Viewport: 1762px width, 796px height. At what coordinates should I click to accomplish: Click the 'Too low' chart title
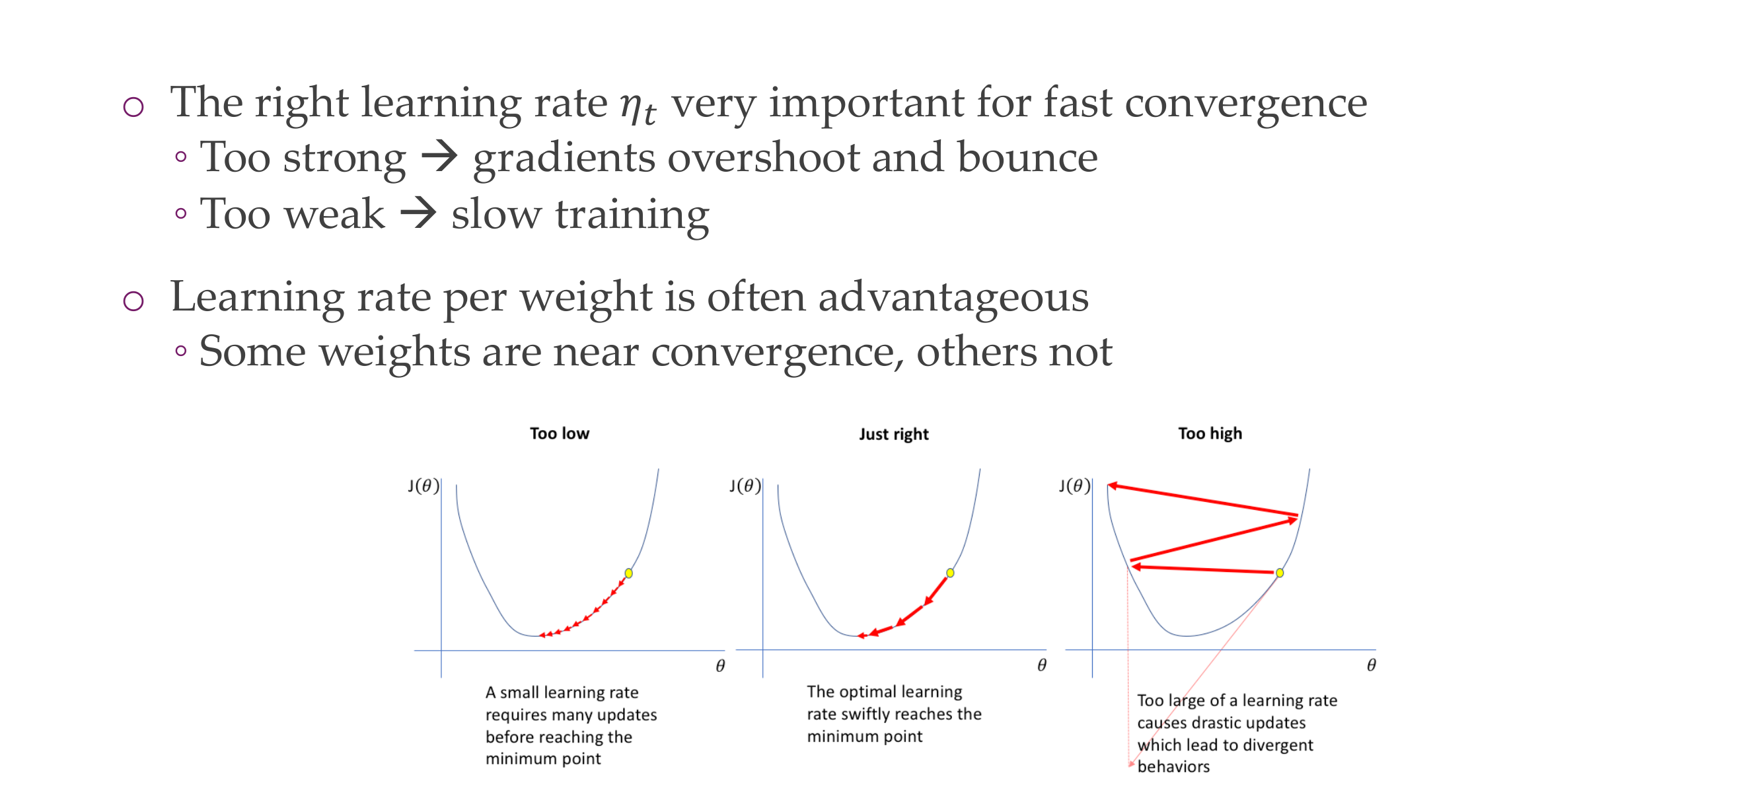click(x=559, y=433)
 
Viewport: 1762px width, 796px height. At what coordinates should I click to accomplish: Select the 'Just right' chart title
click(x=893, y=434)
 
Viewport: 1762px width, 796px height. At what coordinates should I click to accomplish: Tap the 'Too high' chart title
click(x=1209, y=433)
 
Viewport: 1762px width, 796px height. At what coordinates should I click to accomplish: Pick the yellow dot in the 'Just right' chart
click(x=950, y=572)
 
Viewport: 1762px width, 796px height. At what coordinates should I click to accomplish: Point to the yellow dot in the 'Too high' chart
click(x=1280, y=572)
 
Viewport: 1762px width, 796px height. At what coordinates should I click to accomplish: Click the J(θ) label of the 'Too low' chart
click(x=423, y=486)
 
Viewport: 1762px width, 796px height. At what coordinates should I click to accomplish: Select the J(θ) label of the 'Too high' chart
click(x=1074, y=486)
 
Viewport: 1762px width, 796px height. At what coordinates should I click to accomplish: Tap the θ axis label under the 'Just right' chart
click(x=1041, y=665)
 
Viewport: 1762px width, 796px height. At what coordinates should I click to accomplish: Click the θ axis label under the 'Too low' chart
click(x=719, y=665)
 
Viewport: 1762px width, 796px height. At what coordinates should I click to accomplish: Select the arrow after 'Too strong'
click(x=439, y=157)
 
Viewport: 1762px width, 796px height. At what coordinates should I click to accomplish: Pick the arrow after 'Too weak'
click(x=418, y=213)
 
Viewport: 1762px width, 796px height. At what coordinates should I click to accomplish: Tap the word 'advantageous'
click(x=953, y=297)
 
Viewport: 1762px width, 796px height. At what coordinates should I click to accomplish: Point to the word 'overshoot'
click(x=762, y=157)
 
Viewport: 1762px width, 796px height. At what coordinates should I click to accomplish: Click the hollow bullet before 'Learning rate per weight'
click(x=133, y=301)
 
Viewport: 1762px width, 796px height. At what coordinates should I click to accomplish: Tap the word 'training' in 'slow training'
click(x=632, y=215)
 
